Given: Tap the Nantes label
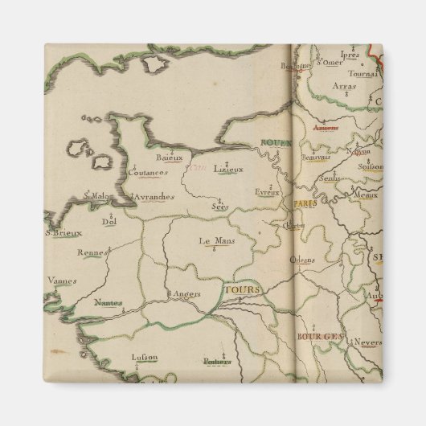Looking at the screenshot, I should tap(105, 303).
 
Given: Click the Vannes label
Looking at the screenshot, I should tap(61, 281).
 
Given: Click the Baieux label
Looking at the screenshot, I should tap(170, 158).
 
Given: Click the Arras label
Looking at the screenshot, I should tap(344, 102).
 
